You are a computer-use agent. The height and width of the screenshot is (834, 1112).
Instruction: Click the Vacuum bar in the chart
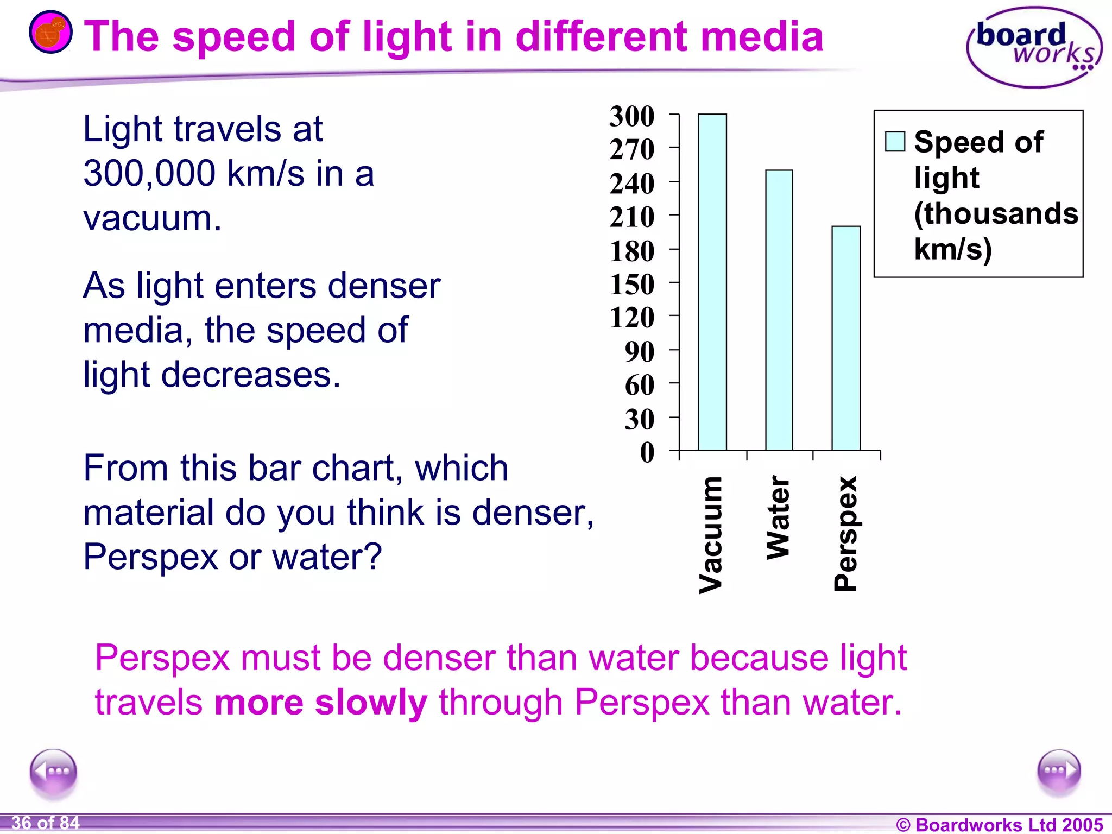[712, 282]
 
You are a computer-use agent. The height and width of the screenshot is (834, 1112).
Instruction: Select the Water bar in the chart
[779, 310]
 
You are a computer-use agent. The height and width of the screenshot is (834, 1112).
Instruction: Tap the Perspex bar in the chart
[846, 338]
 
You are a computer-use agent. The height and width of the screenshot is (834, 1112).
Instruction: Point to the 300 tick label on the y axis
[632, 116]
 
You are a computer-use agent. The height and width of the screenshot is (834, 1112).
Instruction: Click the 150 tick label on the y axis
[632, 285]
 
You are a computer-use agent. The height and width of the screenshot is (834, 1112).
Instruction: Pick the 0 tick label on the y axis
[647, 452]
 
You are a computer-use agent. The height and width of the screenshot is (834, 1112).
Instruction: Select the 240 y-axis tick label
[632, 184]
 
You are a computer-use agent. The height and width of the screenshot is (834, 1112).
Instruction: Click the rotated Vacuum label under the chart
[711, 535]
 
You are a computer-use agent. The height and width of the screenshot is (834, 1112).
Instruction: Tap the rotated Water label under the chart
[779, 517]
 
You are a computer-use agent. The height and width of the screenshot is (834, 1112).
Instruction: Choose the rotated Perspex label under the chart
[846, 534]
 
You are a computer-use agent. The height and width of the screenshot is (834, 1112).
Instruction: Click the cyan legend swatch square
[895, 142]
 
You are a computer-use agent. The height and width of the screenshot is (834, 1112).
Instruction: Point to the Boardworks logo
[1034, 48]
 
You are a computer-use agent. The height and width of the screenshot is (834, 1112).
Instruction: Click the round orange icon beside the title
[50, 32]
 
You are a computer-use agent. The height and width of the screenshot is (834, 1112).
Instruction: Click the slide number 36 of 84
[46, 823]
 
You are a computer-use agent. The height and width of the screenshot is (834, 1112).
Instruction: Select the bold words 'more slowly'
[320, 703]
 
